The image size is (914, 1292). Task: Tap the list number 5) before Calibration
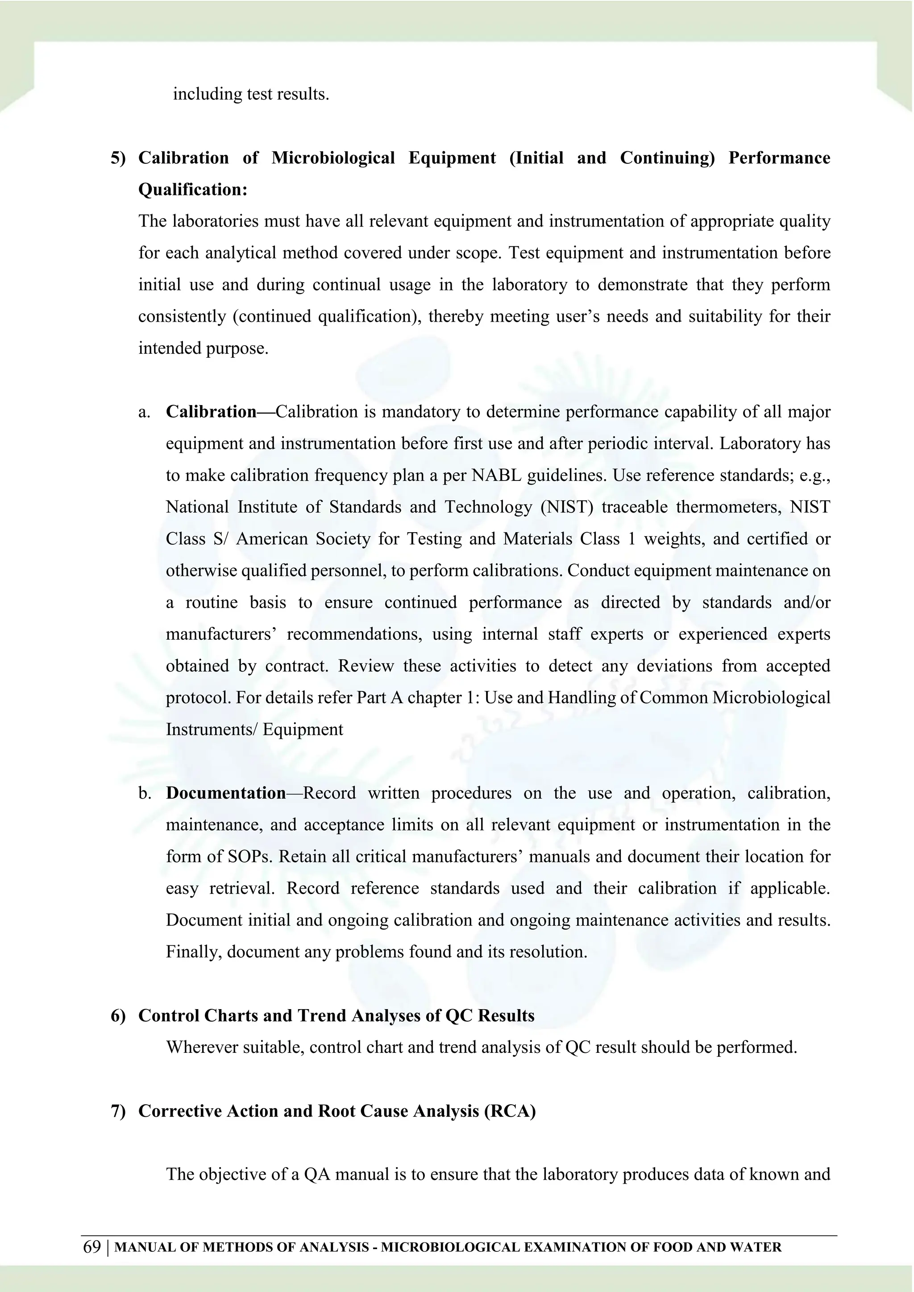tap(118, 158)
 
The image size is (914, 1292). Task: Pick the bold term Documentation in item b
tap(226, 793)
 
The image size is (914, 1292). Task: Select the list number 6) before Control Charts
tap(118, 1016)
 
